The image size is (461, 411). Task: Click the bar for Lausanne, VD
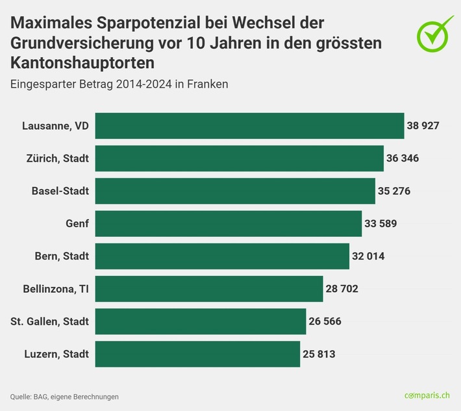click(249, 126)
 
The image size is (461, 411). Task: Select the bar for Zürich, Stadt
click(239, 158)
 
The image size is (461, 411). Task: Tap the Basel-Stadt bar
click(235, 191)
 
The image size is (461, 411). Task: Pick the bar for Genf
click(229, 223)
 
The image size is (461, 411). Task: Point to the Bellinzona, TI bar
click(209, 289)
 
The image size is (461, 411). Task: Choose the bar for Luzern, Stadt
click(197, 354)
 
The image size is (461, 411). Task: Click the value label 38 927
click(423, 126)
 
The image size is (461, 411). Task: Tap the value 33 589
click(380, 223)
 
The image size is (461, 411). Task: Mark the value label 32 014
click(368, 256)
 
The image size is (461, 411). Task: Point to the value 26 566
click(325, 321)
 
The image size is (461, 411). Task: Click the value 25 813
click(319, 354)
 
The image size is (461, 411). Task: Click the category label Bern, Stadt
click(62, 256)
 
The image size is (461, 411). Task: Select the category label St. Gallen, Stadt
click(50, 321)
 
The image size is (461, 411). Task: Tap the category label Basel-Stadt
click(60, 191)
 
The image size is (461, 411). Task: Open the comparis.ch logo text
click(427, 395)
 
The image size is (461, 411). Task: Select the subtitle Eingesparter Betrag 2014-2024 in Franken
click(119, 84)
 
